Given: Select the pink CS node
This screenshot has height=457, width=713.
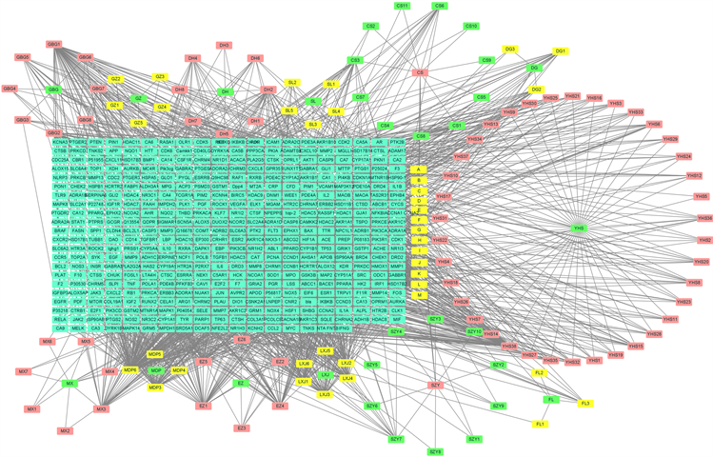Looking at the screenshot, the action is (x=419, y=73).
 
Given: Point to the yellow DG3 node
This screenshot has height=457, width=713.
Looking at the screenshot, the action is (x=510, y=49).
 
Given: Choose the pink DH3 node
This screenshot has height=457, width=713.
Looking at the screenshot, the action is (x=224, y=45).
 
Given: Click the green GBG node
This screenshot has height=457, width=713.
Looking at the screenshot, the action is (x=54, y=89).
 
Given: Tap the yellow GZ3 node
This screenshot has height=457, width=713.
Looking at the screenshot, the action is (x=160, y=76).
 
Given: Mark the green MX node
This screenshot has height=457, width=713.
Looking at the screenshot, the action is (x=69, y=383).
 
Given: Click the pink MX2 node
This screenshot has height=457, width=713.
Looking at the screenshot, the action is (x=65, y=431).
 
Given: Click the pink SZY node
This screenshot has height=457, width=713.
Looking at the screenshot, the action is (x=435, y=385).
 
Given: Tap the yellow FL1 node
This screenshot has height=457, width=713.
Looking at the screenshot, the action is (x=541, y=423).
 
